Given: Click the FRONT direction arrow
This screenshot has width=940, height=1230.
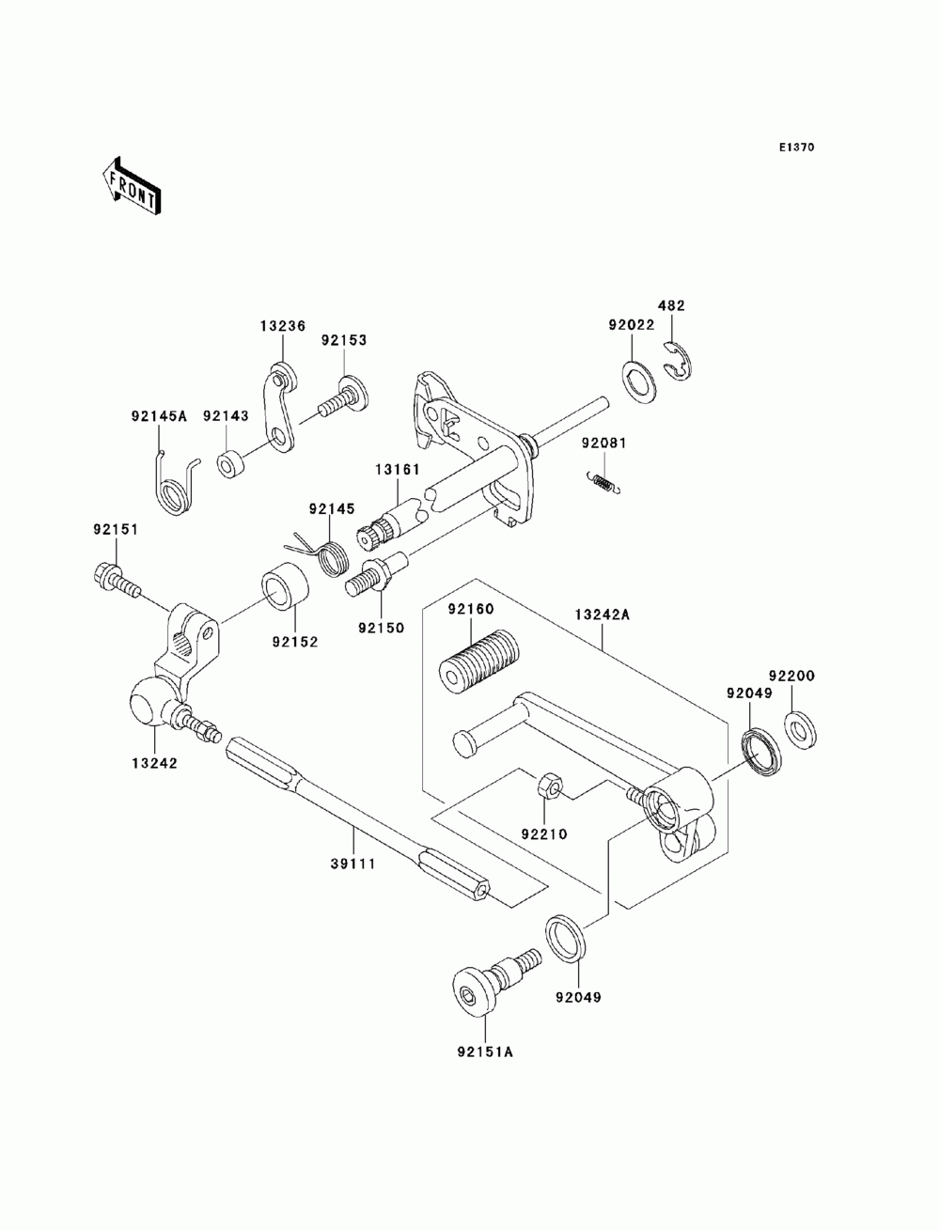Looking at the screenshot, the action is (132, 187).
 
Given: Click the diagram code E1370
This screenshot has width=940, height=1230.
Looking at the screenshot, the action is (796, 148).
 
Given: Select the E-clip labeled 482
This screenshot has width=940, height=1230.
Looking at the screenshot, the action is (678, 362).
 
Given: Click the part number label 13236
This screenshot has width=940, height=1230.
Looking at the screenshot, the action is (283, 325).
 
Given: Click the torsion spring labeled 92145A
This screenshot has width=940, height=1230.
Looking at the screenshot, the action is (174, 482).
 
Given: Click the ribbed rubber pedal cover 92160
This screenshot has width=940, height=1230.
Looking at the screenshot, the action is (478, 662).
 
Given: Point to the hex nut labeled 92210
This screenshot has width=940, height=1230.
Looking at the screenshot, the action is (547, 786).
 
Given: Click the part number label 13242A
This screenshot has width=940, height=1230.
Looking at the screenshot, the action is (602, 615).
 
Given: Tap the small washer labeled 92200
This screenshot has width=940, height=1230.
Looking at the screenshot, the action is (800, 730).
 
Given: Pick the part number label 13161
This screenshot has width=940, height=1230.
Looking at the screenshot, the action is (398, 469).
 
